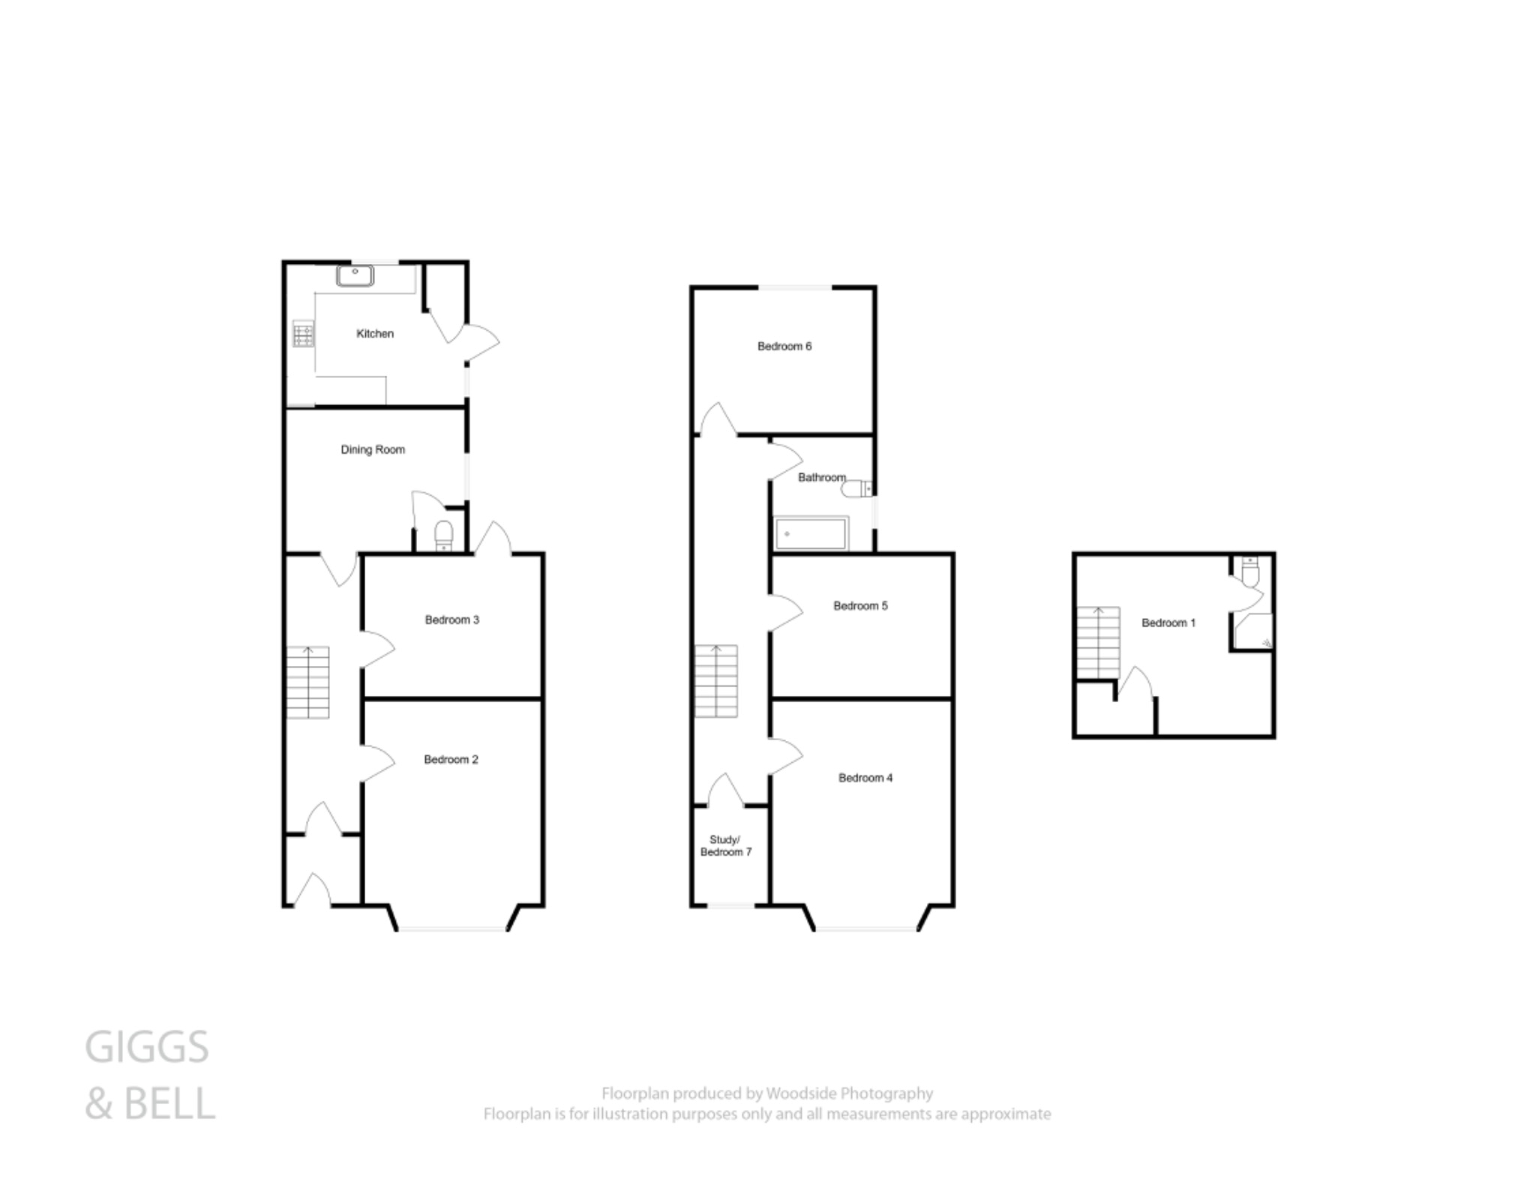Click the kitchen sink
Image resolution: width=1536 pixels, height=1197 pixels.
[x=355, y=275]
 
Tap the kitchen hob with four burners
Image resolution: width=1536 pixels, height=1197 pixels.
[x=304, y=334]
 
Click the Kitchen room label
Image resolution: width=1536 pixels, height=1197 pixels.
[x=374, y=334]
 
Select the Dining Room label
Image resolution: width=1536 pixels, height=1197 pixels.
[x=373, y=450]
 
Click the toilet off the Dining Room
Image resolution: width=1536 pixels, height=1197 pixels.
[x=444, y=535]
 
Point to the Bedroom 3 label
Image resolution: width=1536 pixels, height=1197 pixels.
[x=451, y=620]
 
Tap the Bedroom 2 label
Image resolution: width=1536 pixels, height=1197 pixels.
[x=451, y=760]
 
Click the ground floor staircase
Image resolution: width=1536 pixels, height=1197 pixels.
[x=307, y=682]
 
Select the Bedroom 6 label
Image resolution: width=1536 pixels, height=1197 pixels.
[x=784, y=346]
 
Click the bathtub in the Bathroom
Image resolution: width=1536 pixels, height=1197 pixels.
[x=810, y=533]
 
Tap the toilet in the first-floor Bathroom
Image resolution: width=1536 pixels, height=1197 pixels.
[x=856, y=490]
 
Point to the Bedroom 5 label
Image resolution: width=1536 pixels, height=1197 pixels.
[x=860, y=606]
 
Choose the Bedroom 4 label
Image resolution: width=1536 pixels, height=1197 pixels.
[x=865, y=778]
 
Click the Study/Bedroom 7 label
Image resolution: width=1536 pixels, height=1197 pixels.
[x=725, y=846]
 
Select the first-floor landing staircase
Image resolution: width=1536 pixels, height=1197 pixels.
[x=715, y=681]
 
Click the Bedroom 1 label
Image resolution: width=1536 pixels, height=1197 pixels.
[x=1168, y=623]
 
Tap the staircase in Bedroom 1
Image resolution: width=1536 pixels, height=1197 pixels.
[x=1099, y=642]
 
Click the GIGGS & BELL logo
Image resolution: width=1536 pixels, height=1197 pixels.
[x=149, y=1075]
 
